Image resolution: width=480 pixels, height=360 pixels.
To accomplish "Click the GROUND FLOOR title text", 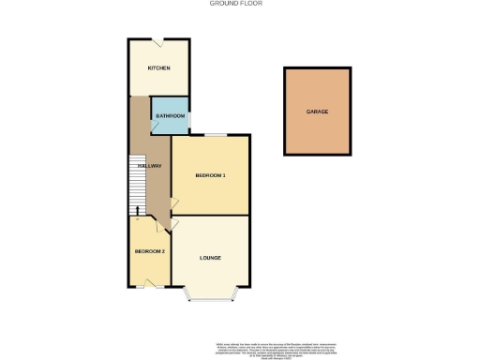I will [x=236, y=4].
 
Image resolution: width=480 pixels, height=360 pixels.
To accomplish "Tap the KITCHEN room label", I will [x=158, y=68].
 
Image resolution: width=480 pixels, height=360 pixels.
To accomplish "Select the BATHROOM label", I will [x=169, y=115].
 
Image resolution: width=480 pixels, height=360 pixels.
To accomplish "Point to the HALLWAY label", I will [x=150, y=166].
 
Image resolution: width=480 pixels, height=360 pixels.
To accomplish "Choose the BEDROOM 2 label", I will [x=150, y=251].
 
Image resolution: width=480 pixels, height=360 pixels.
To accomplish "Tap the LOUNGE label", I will [x=210, y=257].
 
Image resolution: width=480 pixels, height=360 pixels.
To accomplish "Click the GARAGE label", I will [x=317, y=111].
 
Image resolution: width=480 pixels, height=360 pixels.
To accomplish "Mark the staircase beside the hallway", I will [x=135, y=183].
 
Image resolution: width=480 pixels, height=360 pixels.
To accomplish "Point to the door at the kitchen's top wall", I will [x=160, y=41].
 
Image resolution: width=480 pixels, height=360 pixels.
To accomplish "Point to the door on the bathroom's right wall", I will [x=189, y=119].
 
